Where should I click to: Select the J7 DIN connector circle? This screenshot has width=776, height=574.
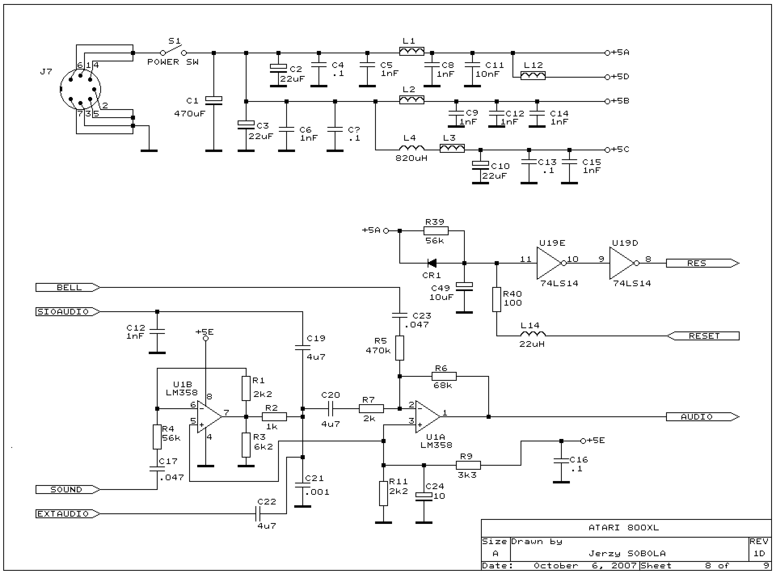pyautogui.click(x=80, y=89)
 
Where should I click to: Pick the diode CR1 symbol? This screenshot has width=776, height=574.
pyautogui.click(x=432, y=263)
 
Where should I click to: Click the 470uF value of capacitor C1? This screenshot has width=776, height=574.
pyautogui.click(x=190, y=114)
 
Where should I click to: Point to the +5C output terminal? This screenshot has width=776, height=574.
pyautogui.click(x=607, y=150)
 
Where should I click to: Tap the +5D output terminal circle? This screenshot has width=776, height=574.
pyautogui.click(x=607, y=77)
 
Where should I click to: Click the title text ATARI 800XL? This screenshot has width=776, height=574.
pyautogui.click(x=623, y=528)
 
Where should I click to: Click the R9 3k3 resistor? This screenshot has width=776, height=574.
pyautogui.click(x=468, y=465)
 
